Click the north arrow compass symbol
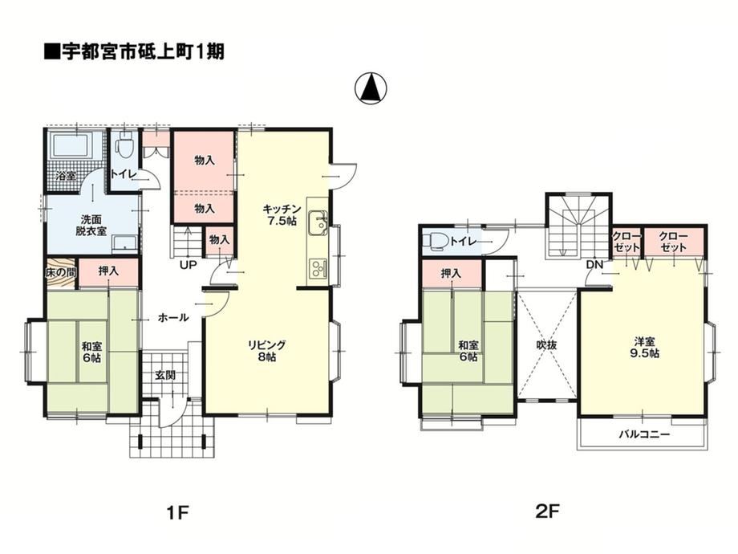tap(371, 88)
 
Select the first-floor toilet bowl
tap(125, 145)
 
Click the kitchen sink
tap(318, 222)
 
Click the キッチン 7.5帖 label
tap(282, 214)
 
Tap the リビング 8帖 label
tap(267, 351)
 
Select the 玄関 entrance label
tap(166, 376)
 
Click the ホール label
tap(173, 317)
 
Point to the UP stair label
tap(188, 265)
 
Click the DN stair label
tap(594, 265)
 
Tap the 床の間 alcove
tap(61, 272)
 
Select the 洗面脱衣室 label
tap(91, 225)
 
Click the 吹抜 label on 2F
tap(546, 344)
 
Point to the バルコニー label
tap(644, 434)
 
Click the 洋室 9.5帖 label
tap(644, 347)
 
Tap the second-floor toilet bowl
tap(436, 241)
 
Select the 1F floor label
tap(177, 512)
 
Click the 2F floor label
tap(548, 511)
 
